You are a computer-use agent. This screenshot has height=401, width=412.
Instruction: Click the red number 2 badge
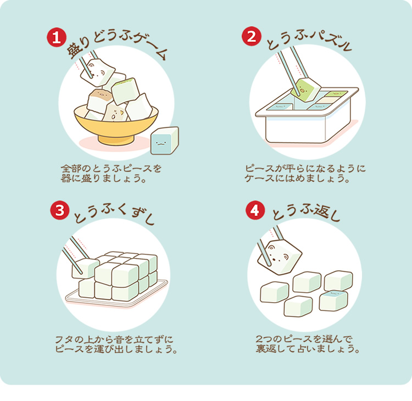pos(250,37)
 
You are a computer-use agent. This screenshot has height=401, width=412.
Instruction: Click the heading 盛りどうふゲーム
pos(115,47)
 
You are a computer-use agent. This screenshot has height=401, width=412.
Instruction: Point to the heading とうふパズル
pos(308,43)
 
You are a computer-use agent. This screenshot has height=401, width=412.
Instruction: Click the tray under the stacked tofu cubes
pos(115,297)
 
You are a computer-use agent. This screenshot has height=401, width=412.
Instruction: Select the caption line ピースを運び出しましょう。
pos(116,349)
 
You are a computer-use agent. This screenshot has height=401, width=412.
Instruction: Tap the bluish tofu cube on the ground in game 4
pos(333,300)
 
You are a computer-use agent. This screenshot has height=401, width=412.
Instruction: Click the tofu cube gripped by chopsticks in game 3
pos(85,268)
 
